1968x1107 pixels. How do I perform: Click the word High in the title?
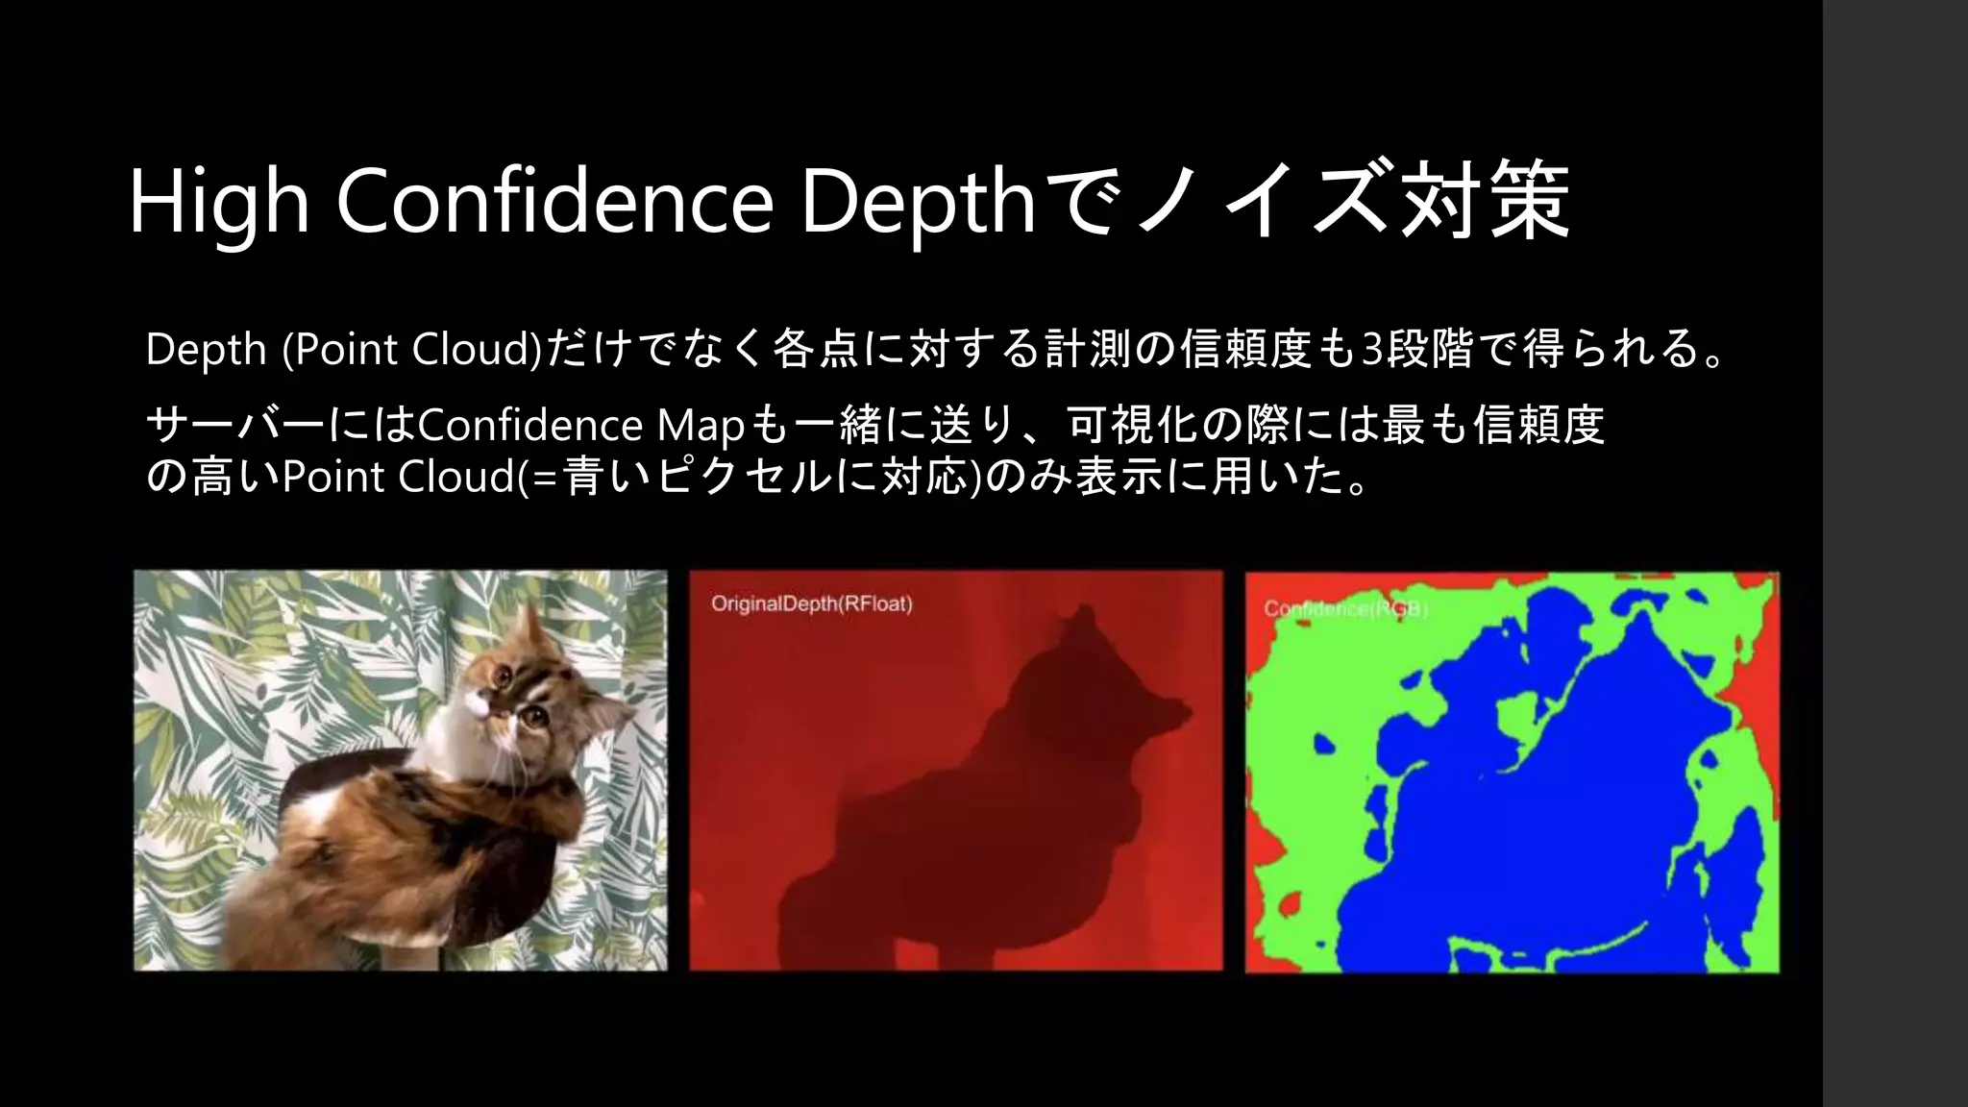pos(219,204)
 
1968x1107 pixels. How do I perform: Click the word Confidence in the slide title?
pos(554,204)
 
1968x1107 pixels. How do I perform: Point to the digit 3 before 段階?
pos(1373,349)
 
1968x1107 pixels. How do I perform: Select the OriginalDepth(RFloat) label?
pos(811,604)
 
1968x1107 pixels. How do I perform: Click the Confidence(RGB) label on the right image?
pos(1345,609)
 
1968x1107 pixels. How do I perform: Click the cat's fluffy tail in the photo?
pos(288,903)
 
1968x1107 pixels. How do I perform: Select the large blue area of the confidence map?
pos(1557,817)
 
